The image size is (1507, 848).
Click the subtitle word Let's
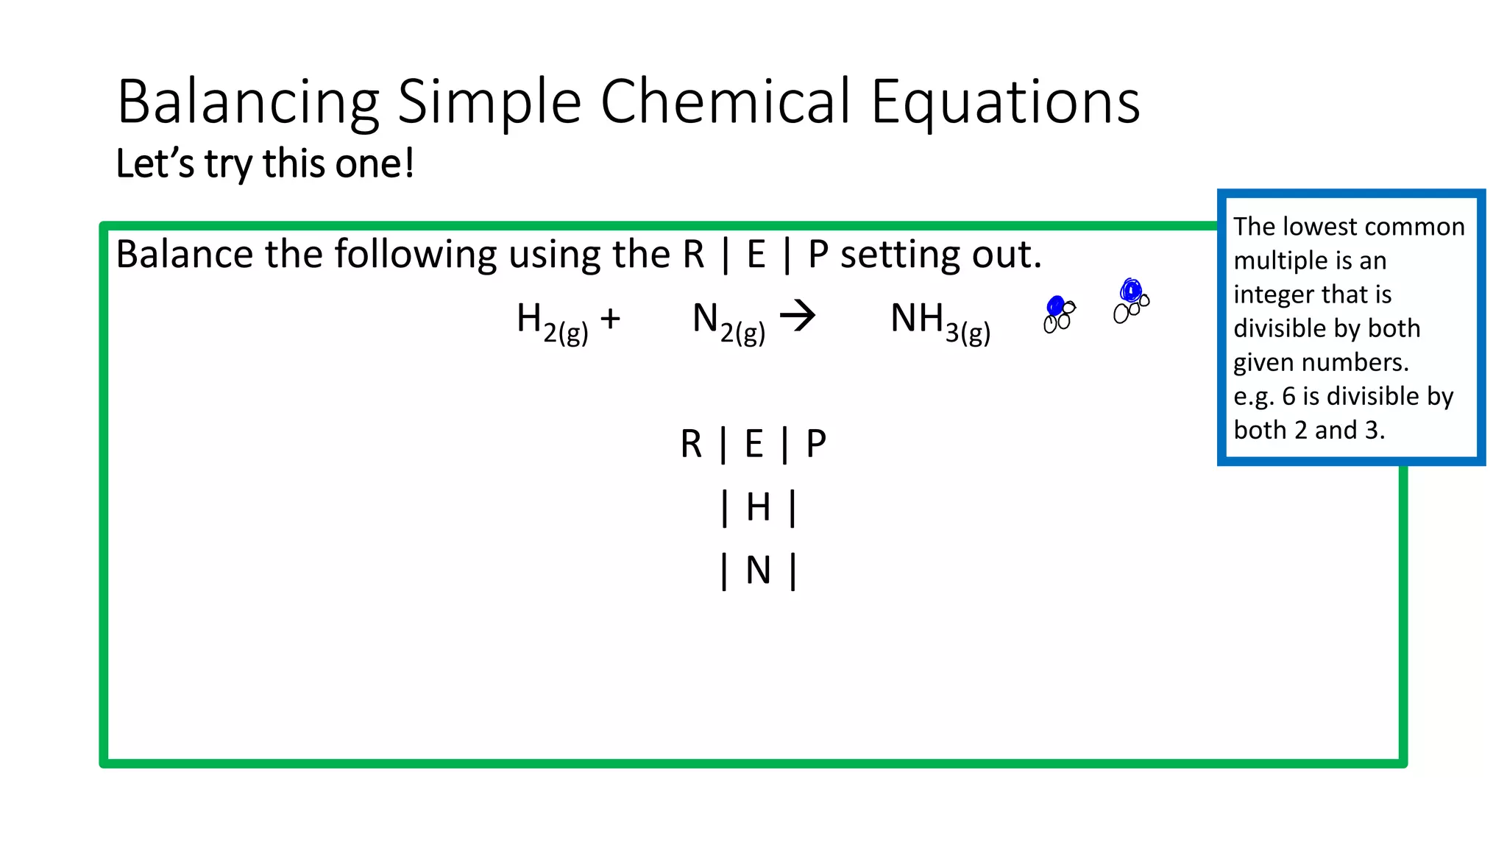pos(155,163)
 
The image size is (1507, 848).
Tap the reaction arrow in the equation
pos(798,317)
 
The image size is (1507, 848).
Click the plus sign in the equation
pos(610,319)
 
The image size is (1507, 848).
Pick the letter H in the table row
pos(758,507)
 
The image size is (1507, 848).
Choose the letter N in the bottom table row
pos(758,570)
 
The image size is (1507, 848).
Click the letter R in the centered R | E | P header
pos(691,444)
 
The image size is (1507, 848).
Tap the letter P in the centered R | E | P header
pos(816,444)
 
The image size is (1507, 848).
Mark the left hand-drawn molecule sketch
pos(1059,314)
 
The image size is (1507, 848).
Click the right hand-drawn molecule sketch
pos(1131,300)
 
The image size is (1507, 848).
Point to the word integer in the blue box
pos(1277,294)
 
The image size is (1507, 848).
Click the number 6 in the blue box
pos(1288,396)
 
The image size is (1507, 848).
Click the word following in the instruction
pos(415,255)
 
